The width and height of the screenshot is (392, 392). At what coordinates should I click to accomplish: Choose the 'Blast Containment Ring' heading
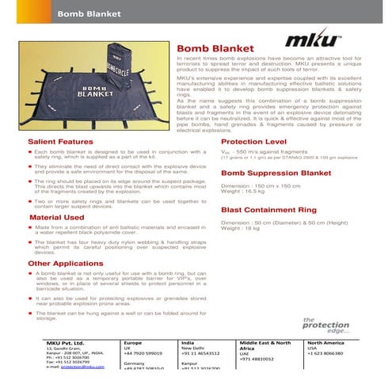[269, 211]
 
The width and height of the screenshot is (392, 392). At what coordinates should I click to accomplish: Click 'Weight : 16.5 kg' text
[242, 192]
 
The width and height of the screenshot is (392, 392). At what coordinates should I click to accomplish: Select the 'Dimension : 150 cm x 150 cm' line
[257, 186]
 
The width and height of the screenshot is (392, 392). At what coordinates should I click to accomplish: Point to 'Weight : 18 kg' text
[240, 230]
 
